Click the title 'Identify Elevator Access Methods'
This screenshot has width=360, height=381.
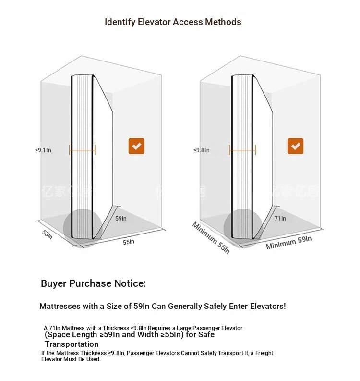click(173, 22)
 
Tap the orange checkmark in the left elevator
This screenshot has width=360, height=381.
click(136, 146)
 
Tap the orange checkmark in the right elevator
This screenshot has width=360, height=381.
click(295, 146)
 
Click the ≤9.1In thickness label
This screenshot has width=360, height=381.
click(43, 150)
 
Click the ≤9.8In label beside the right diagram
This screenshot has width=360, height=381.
click(202, 150)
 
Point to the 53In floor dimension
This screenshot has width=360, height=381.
click(47, 234)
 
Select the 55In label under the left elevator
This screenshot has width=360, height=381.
click(129, 242)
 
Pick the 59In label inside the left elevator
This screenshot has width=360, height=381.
click(121, 219)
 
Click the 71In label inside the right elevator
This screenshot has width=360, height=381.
click(280, 219)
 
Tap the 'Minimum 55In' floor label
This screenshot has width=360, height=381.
click(211, 238)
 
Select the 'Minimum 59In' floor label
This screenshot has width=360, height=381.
click(288, 243)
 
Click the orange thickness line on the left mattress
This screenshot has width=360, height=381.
click(82, 150)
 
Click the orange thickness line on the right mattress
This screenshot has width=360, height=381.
click(242, 150)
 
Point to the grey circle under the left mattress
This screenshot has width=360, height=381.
click(83, 228)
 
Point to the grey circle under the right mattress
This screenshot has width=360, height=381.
click(243, 228)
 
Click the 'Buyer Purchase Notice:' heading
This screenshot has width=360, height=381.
click(94, 283)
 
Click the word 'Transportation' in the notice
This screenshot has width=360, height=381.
click(72, 344)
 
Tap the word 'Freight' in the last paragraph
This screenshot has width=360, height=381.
click(264, 353)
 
